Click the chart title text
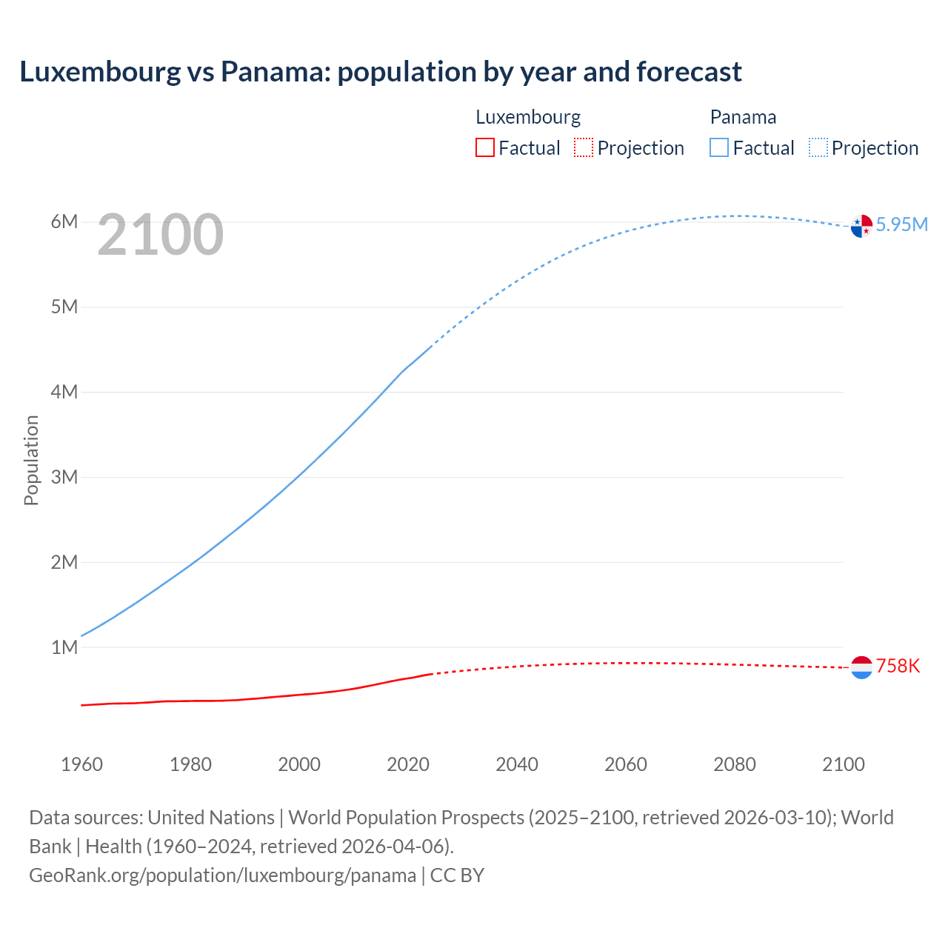(381, 72)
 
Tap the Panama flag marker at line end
(861, 226)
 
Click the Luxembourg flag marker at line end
(861, 667)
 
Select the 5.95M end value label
(901, 224)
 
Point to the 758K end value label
(898, 666)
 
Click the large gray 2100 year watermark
(160, 235)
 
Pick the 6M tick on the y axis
(64, 222)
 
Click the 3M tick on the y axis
(64, 477)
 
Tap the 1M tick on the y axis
(64, 647)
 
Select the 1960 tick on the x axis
(81, 764)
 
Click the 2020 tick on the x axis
(408, 764)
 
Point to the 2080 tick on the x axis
(735, 764)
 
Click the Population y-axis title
(31, 460)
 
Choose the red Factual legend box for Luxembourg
(484, 147)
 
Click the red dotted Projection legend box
(584, 147)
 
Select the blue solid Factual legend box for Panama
(719, 147)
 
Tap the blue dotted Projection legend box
(818, 147)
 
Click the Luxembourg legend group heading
(528, 117)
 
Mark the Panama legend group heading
(743, 117)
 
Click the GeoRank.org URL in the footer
(222, 875)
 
